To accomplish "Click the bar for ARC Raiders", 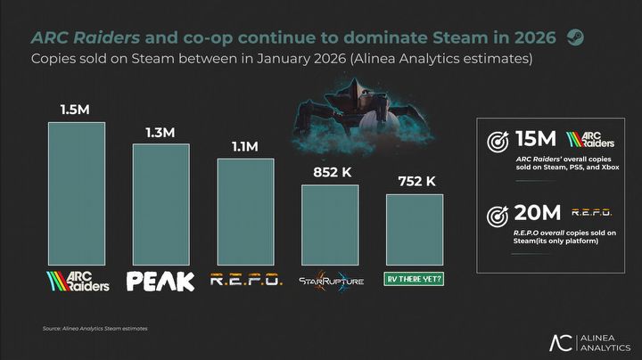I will tap(76, 192).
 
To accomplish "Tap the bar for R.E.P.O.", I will tap(245, 209).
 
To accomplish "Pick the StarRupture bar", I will tap(329, 223).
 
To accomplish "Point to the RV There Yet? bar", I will tap(414, 227).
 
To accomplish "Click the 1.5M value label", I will tap(76, 110).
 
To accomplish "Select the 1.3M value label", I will tap(160, 132).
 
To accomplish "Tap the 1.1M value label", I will tap(245, 146).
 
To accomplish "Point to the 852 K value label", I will tap(330, 172).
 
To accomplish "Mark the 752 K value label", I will tap(414, 181).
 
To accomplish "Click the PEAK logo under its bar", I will tap(160, 282).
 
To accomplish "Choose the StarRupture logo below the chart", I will tap(329, 281).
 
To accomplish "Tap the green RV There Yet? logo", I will tap(414, 278).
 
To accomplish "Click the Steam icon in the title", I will tap(576, 37).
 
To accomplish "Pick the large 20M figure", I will tap(538, 214).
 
